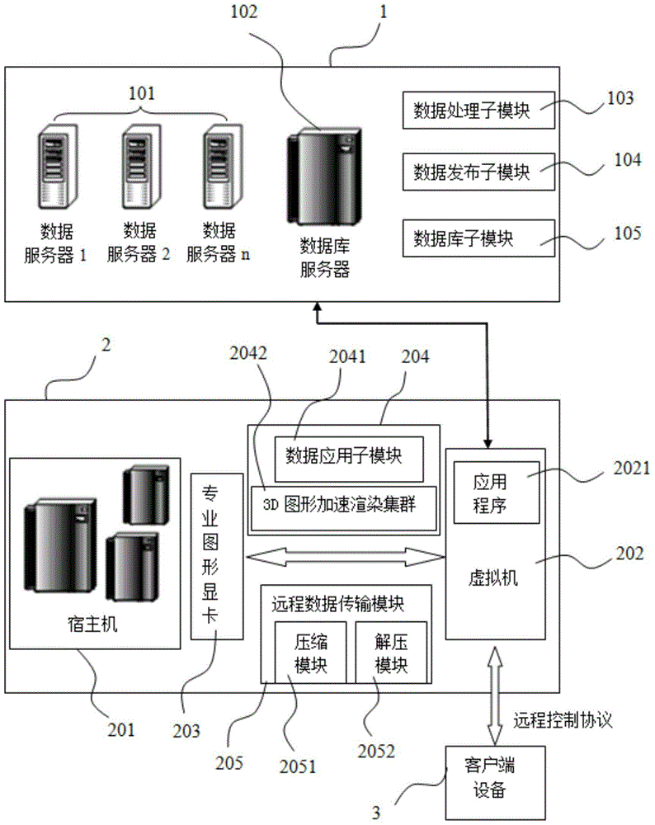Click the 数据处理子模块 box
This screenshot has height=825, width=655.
coord(478,110)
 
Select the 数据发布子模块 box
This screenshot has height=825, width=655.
coord(478,172)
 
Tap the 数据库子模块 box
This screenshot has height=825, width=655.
coord(478,238)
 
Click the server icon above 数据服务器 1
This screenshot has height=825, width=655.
coord(58,167)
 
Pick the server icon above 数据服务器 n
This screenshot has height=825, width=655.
coord(223,167)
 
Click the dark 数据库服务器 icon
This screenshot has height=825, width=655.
coord(324,177)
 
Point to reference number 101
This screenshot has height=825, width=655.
coord(142,94)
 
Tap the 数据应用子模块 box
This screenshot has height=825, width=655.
coord(349,459)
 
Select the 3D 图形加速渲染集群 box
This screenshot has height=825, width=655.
coord(343,508)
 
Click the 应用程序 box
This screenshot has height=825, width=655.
coord(496,493)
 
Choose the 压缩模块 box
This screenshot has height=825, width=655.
coord(310,653)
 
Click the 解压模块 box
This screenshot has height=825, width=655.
coord(391,653)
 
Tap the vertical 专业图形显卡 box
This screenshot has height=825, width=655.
coord(217,556)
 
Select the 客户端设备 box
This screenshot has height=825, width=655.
coord(495,782)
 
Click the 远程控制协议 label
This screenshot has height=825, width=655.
coord(563,719)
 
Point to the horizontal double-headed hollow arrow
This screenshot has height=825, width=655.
coord(346,557)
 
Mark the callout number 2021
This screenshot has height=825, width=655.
coord(631,469)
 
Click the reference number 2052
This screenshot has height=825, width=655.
coord(376,751)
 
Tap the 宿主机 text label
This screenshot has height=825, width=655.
coord(92,625)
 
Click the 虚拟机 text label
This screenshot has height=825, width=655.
coord(493,577)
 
